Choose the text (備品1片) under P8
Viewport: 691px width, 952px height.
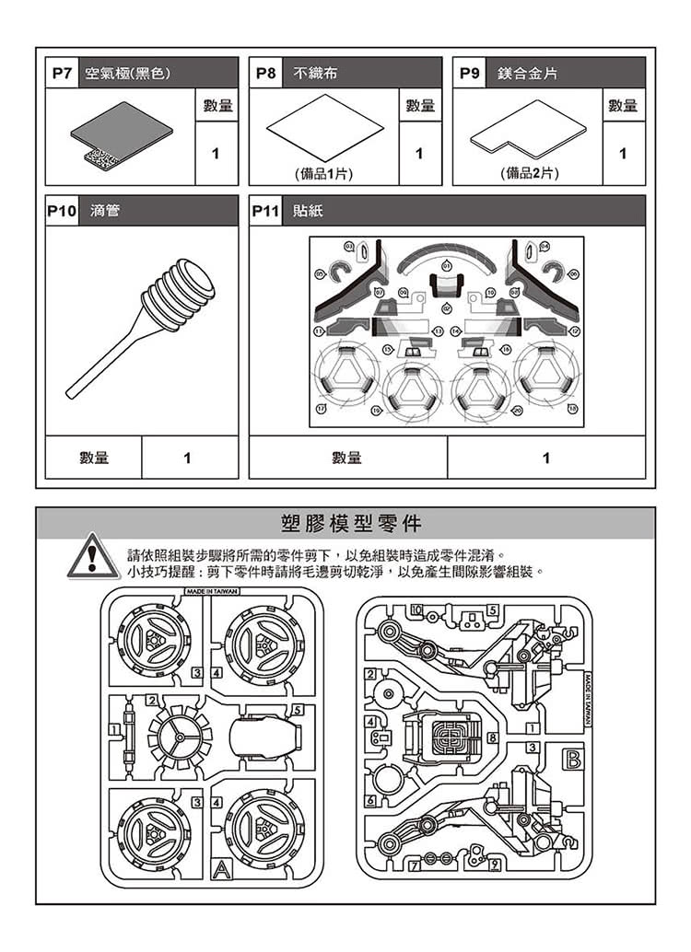coord(322,173)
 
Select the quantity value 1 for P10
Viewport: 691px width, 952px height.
coord(188,458)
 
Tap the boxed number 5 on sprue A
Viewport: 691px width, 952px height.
coord(295,710)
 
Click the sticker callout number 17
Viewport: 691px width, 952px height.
coord(322,409)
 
